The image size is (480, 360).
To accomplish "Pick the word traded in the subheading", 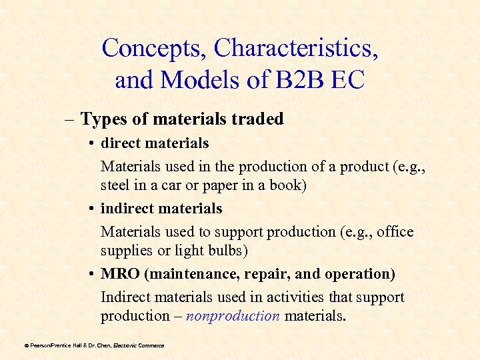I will point(258,119).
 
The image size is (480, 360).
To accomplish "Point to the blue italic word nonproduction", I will point(233,316).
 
